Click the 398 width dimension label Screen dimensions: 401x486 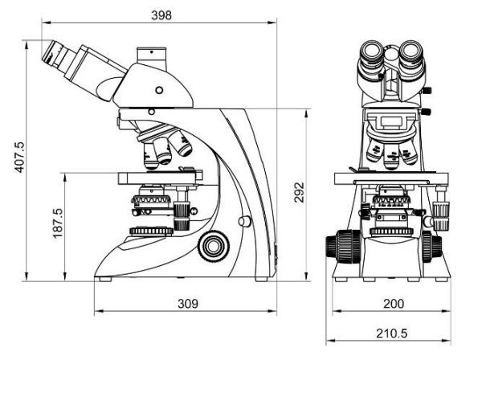pos(161,14)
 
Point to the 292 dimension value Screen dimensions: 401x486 pos(299,194)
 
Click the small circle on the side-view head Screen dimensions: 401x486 pos(158,88)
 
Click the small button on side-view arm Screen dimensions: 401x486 pos(242,219)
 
